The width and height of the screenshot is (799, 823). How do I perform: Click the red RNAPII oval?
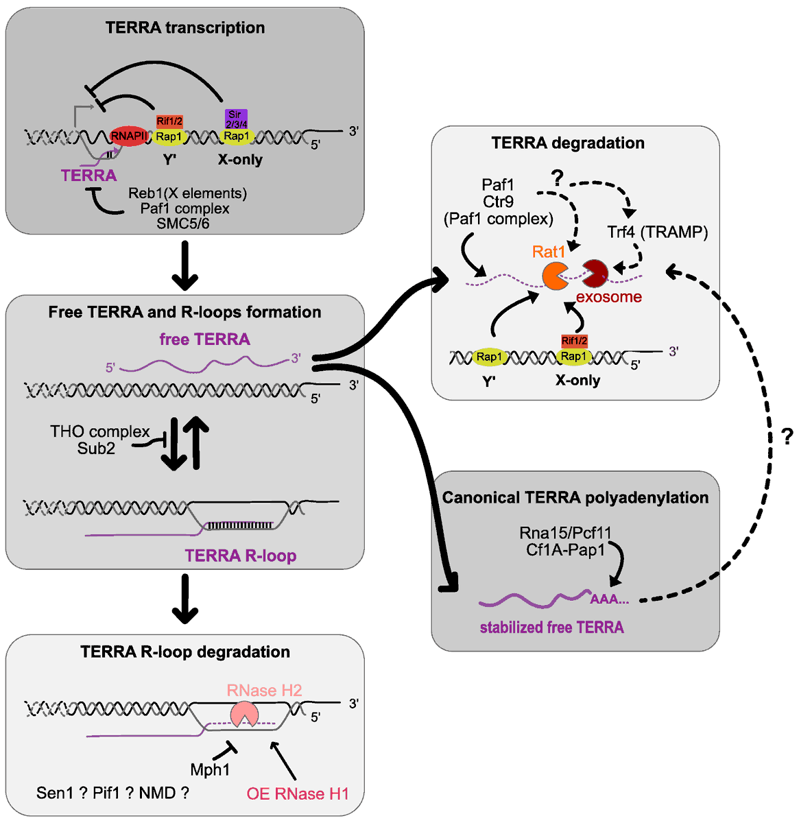[x=130, y=136]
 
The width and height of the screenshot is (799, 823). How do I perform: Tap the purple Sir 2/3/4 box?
[x=235, y=119]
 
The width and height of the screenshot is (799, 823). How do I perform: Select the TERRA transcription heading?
[x=185, y=28]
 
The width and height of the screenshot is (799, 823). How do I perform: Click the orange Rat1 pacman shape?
[x=555, y=275]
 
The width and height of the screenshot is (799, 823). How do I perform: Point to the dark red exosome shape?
[x=595, y=273]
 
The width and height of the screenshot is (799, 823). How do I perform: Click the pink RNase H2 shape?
[x=244, y=713]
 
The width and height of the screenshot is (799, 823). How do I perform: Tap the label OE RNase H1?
[x=298, y=794]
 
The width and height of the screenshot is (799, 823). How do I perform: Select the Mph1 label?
[x=210, y=770]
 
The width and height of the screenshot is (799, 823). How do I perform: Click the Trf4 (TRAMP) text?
[x=657, y=232]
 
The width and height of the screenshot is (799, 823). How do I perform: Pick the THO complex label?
[x=99, y=431]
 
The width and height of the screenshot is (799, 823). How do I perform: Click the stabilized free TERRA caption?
[x=551, y=627]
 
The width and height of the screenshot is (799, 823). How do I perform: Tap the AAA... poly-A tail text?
[x=610, y=599]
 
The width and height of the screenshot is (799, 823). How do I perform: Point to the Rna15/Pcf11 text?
[x=565, y=533]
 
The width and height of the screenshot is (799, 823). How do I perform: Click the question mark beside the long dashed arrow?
[x=787, y=436]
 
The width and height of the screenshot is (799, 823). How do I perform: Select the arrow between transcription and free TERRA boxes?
[x=184, y=269]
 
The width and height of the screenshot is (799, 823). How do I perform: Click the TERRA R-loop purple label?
[x=240, y=556]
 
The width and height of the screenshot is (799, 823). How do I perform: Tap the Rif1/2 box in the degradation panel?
[x=574, y=341]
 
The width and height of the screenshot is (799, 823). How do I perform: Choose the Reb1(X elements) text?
[x=187, y=193]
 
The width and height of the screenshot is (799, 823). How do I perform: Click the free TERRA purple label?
[x=204, y=339]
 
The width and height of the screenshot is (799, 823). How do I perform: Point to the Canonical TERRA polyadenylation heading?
[x=575, y=498]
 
